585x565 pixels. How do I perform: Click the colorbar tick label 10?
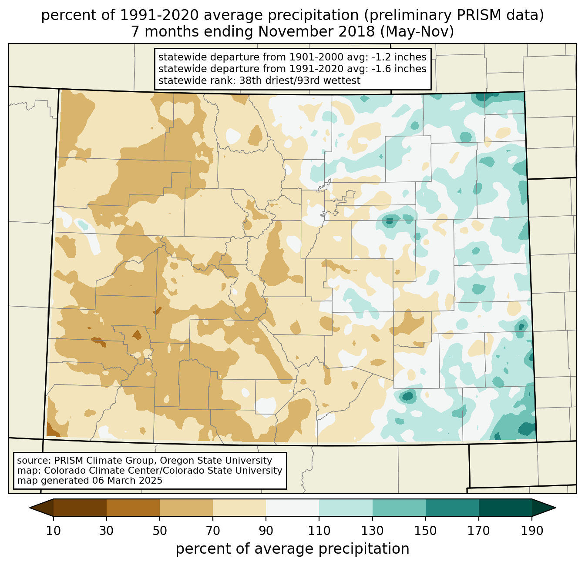[x=53, y=531]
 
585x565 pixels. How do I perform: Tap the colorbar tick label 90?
[x=266, y=531]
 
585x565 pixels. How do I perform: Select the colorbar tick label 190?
[x=532, y=531]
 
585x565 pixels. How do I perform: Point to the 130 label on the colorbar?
[x=373, y=531]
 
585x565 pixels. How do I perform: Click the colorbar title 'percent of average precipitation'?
[x=292, y=549]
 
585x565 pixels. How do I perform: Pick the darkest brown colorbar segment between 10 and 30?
[x=80, y=508]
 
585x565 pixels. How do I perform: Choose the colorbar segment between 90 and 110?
[x=292, y=508]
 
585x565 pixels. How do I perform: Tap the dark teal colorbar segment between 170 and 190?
[x=505, y=508]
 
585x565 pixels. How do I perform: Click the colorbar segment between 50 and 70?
[x=186, y=508]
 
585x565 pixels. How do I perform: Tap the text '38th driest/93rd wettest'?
[x=300, y=80]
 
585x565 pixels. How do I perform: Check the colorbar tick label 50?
[x=160, y=531]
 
